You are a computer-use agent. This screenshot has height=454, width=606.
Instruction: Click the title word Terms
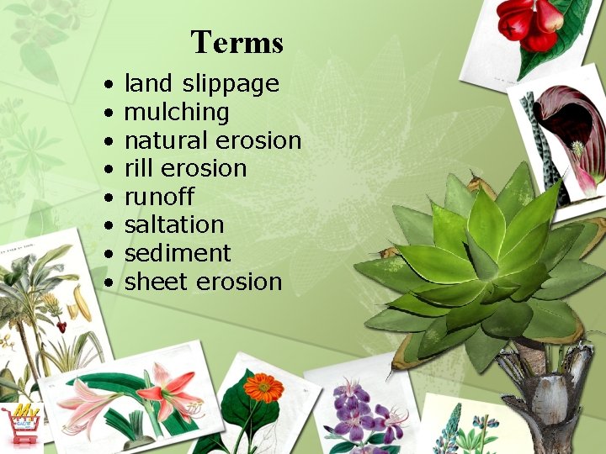click(x=237, y=41)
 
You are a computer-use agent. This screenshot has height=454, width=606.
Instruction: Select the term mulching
click(x=176, y=113)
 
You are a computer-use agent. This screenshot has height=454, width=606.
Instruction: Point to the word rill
click(x=138, y=168)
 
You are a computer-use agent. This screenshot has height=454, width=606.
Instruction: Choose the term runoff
click(x=159, y=197)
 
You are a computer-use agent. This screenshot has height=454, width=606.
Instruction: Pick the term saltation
click(x=173, y=224)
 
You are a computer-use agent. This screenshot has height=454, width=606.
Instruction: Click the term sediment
click(x=177, y=253)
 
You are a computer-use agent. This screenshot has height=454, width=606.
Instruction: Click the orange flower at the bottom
click(x=263, y=388)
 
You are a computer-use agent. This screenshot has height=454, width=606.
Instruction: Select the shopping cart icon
click(x=21, y=423)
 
